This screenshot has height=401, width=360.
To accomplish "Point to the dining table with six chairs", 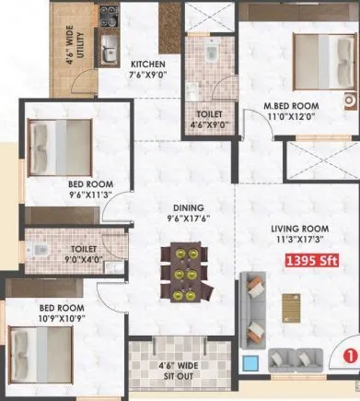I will coord(177,271).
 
